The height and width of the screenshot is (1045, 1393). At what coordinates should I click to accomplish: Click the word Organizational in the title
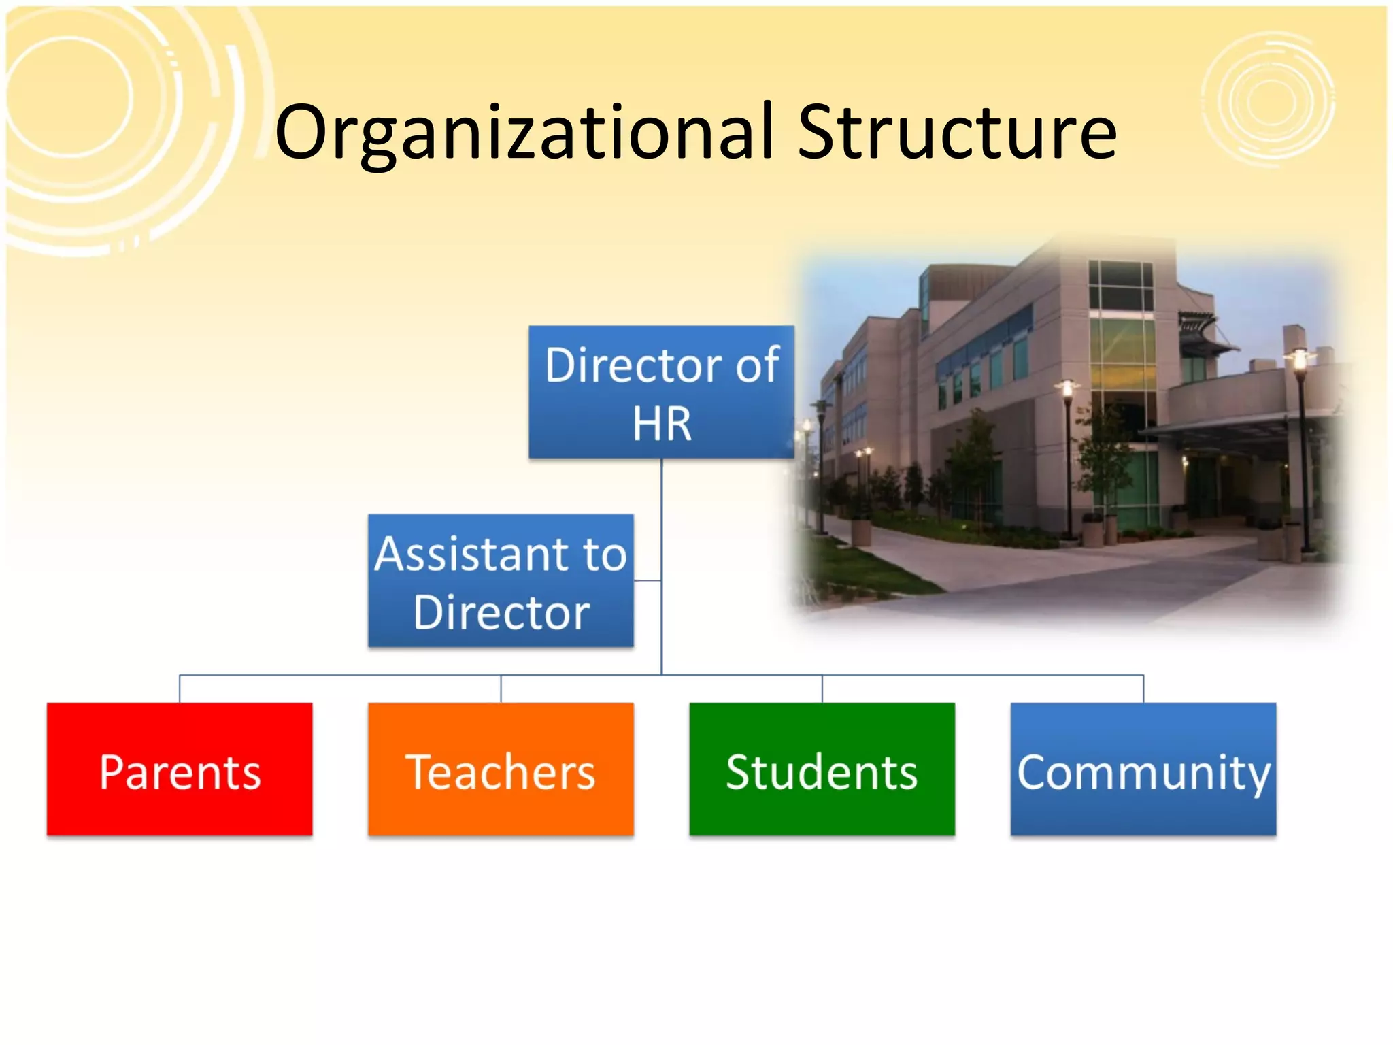(524, 133)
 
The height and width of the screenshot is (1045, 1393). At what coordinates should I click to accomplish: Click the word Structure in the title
(957, 133)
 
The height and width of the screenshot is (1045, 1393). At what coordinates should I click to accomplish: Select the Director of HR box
(661, 392)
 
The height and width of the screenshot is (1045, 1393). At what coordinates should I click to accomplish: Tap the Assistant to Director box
(501, 580)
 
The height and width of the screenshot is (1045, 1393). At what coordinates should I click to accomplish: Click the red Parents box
(180, 769)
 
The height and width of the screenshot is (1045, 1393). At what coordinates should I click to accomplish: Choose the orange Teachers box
(501, 769)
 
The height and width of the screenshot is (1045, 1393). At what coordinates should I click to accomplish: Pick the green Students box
(822, 769)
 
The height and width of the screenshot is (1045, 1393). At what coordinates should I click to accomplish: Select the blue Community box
(1143, 769)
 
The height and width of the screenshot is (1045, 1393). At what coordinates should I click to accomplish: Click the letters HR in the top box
(662, 424)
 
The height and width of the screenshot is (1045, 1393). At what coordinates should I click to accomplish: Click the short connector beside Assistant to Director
(647, 580)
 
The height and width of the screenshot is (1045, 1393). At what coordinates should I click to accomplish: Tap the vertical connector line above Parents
(180, 689)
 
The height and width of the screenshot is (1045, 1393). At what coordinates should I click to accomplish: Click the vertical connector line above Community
(1143, 689)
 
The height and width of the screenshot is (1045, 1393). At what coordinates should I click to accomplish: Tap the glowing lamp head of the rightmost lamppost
(1300, 359)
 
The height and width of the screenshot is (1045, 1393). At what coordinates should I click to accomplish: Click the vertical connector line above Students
(822, 689)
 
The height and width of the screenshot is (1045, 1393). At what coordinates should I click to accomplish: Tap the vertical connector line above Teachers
(501, 689)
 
